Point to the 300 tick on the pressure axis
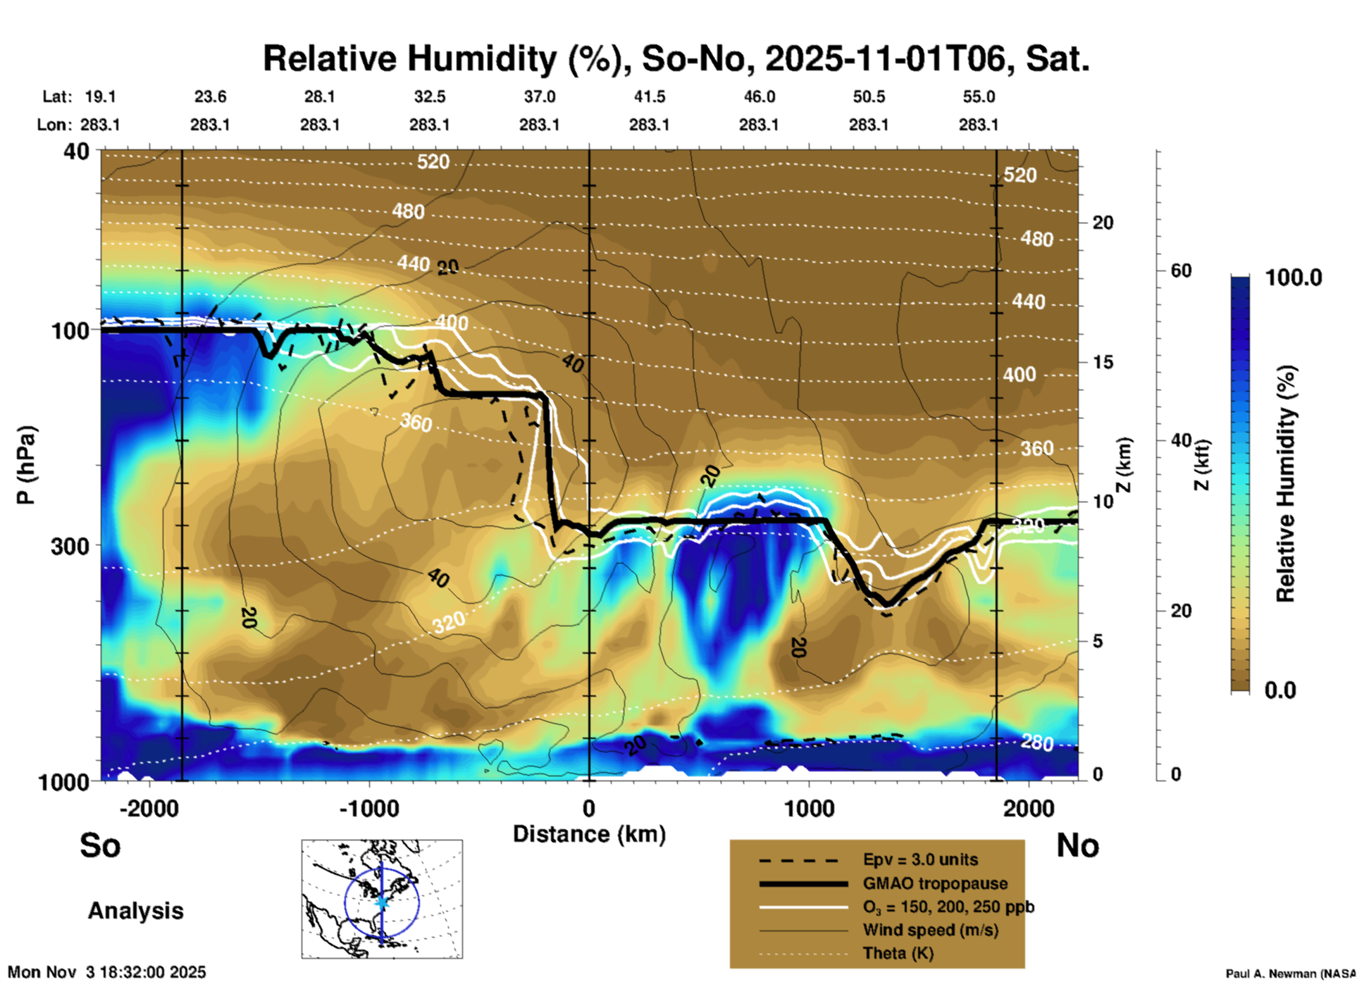tap(70, 546)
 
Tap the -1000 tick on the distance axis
tap(369, 808)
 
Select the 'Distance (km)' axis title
tap(589, 834)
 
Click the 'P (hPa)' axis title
tap(26, 465)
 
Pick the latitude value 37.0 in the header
tap(539, 97)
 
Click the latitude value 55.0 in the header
tap(979, 97)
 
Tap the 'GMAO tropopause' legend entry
tap(935, 883)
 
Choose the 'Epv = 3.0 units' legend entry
tap(920, 859)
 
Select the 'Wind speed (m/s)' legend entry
tap(930, 930)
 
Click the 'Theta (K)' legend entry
tap(898, 953)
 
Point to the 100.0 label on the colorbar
tap(1294, 278)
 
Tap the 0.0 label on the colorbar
tap(1280, 690)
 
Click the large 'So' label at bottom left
tap(100, 845)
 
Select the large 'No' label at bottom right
tap(1077, 845)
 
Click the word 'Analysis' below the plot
tap(135, 911)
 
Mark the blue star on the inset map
tap(382, 902)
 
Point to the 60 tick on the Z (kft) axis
tap(1181, 271)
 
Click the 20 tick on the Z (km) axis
tap(1103, 223)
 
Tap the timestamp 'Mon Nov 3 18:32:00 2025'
tap(107, 972)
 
